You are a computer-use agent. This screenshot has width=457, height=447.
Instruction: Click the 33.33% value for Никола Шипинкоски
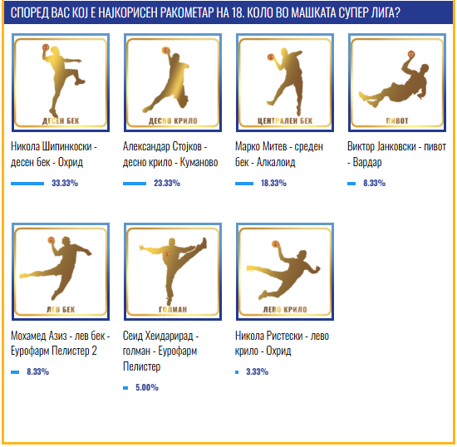point(65,183)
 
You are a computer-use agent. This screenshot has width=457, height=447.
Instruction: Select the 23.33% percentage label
point(167,183)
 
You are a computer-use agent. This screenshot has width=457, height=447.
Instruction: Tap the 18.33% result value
point(273,183)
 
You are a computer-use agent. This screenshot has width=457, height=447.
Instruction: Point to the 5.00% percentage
point(147,387)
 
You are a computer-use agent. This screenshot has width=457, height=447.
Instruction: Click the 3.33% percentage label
point(257,371)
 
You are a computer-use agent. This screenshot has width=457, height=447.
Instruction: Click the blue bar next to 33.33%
point(27,184)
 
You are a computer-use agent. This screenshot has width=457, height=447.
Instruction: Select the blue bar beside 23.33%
point(135,184)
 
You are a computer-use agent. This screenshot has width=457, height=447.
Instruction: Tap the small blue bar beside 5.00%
point(125,388)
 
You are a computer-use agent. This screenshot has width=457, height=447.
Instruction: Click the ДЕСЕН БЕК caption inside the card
point(61,121)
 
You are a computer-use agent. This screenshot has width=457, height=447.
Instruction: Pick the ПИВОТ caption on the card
point(397,120)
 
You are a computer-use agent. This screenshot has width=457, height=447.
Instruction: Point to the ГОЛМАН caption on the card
point(173,309)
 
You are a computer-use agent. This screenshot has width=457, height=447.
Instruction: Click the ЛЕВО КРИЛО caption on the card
point(285,309)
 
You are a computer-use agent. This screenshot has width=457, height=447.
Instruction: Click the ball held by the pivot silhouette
point(411,54)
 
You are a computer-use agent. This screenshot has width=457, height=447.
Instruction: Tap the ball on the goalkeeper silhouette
point(168,254)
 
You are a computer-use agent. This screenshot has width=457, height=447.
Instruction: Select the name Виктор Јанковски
point(381,146)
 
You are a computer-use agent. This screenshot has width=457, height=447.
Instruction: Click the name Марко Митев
point(261,146)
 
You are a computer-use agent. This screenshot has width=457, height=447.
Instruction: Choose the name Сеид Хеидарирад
point(158,336)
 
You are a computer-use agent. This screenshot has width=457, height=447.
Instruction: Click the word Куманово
point(199,162)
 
